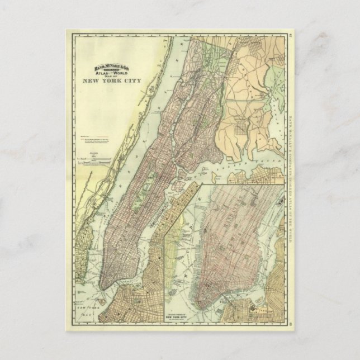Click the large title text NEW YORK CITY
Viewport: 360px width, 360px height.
pyautogui.click(x=112, y=80)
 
